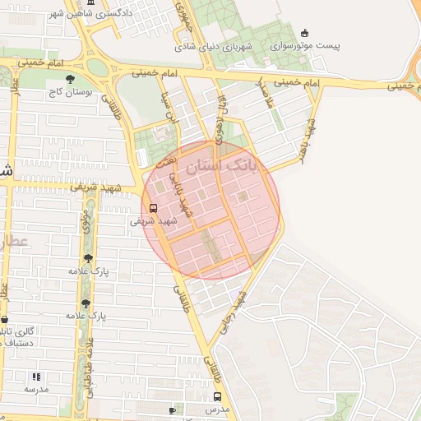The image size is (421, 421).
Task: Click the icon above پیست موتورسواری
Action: click(306, 34)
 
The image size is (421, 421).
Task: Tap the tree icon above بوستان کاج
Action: click(69, 78)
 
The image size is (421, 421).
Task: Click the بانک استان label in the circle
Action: click(221, 166)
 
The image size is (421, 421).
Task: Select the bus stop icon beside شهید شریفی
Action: click(154, 208)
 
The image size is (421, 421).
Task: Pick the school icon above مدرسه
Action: click(36, 376)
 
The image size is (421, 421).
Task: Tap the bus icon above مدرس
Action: click(217, 396)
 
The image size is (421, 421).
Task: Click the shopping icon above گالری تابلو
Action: click(4, 319)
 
